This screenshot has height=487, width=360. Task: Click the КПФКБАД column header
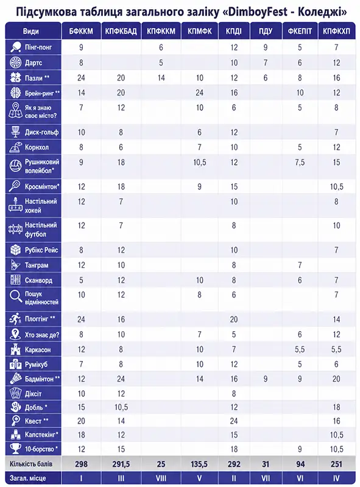coord(121,31)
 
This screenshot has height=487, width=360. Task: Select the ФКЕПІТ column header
coord(300,31)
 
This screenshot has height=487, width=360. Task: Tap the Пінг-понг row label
coord(38,47)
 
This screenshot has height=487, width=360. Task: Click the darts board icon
coord(15,63)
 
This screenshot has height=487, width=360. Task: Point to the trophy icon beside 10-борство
coord(15,449)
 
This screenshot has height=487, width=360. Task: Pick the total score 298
coord(81,464)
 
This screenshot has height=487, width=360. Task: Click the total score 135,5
coord(199,464)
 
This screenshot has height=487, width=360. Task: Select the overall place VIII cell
coord(161,478)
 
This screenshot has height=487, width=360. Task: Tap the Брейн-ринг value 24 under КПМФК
coord(199,93)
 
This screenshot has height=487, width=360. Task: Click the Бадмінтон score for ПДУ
coord(265,379)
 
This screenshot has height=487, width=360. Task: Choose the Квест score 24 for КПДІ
coord(234,421)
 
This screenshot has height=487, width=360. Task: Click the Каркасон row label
coord(38,349)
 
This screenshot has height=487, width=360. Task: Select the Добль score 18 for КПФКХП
coord(336,407)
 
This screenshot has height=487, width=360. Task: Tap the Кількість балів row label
coord(31,464)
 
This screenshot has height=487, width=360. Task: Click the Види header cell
coord(31,31)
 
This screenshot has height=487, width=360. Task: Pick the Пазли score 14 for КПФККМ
coord(161,78)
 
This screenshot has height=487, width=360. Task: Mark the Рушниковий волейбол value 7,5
coord(300,162)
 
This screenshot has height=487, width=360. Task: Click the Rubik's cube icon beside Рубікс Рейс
coord(15,250)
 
